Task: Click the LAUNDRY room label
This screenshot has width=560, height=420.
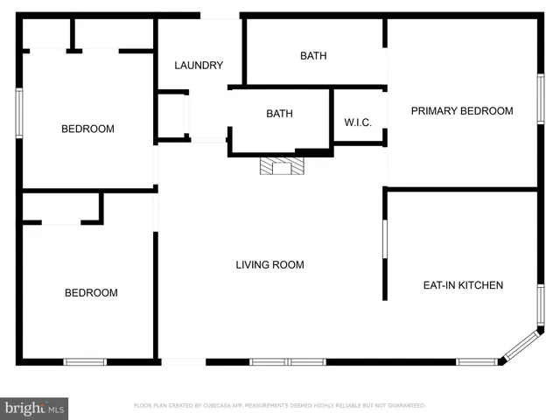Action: point(199,66)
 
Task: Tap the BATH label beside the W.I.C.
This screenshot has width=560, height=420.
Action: point(279,114)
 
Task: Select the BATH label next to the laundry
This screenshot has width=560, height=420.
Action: point(313,56)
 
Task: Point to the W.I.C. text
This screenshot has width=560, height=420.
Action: point(358,122)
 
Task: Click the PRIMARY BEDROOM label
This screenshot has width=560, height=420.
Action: point(462,110)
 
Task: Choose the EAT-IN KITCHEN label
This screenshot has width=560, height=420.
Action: point(463,285)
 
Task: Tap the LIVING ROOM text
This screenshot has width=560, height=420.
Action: point(269,264)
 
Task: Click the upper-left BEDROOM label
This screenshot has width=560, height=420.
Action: point(87,129)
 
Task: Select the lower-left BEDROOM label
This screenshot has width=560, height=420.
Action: point(91,293)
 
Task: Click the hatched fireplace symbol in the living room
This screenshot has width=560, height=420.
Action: point(281,166)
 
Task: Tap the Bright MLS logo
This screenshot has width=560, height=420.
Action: point(35,408)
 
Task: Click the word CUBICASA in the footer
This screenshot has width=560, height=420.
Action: point(214,406)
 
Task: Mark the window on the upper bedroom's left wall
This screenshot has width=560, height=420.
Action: point(18,112)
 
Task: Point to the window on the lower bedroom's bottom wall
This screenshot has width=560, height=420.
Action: point(85,361)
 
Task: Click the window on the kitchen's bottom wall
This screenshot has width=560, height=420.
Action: point(476,361)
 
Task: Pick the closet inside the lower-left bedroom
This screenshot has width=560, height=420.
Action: point(61,208)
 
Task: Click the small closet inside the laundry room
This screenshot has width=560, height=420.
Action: point(172,115)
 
